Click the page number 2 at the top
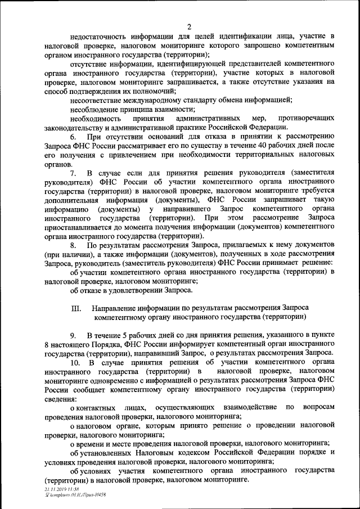[x=189, y=26]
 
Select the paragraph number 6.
[x=73, y=138]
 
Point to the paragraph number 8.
[x=73, y=246]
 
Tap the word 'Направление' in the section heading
[x=116, y=308]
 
